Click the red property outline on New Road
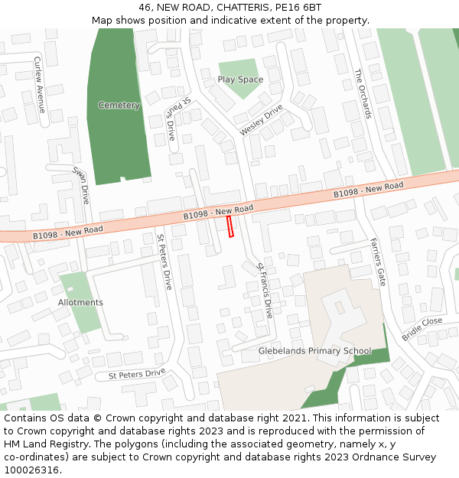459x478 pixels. [x=229, y=226]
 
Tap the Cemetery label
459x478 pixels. [x=119, y=105]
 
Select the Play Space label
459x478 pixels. [x=240, y=80]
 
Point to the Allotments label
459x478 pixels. [x=80, y=303]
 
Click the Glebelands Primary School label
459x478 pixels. [x=314, y=351]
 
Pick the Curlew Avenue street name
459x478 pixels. [x=40, y=84]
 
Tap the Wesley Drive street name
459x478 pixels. [x=261, y=121]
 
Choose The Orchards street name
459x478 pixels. [x=363, y=93]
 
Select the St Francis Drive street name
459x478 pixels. [x=265, y=290]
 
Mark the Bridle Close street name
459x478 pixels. [x=422, y=330]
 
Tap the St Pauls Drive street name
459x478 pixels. [x=177, y=119]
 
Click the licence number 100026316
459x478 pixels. [x=32, y=470]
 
